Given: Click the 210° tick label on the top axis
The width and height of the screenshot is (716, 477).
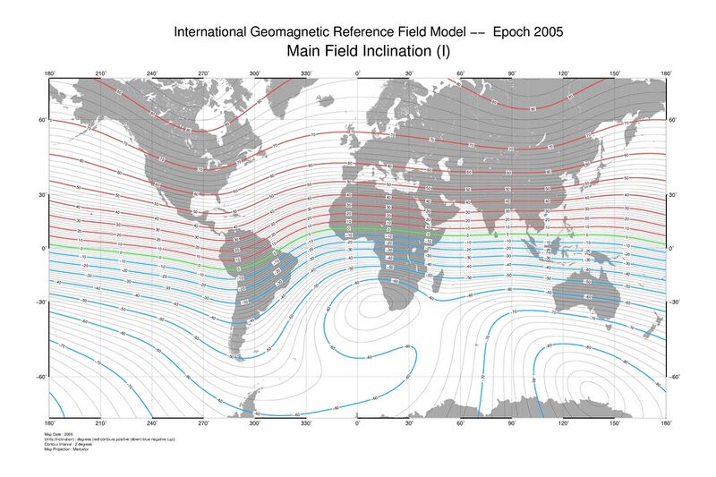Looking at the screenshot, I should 101,73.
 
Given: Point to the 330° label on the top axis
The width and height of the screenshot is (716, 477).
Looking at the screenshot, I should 306,73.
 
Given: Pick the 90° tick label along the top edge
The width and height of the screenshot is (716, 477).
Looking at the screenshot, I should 512,73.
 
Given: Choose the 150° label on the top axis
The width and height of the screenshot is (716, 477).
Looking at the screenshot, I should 615,73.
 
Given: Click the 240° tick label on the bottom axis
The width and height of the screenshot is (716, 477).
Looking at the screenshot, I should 152,422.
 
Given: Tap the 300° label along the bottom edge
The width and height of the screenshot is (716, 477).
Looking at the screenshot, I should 255,422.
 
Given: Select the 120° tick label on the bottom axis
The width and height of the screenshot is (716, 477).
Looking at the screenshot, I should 564,422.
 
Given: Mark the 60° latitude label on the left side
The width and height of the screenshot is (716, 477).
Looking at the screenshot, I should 41,119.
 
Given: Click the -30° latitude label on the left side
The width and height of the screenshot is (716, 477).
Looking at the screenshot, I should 40,302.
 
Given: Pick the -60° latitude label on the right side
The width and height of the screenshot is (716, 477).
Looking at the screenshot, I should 676,377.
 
